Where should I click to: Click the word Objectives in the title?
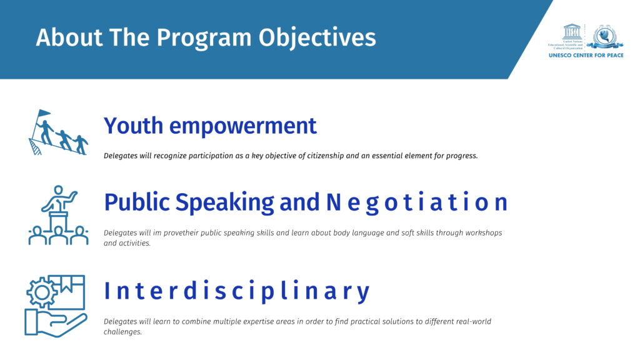click(x=317, y=37)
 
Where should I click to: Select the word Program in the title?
click(x=204, y=38)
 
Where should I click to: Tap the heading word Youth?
click(x=134, y=125)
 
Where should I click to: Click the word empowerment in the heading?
click(x=243, y=126)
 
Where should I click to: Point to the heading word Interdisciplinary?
click(x=237, y=291)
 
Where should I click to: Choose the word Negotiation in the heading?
click(x=416, y=202)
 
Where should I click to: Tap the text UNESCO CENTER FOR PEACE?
click(x=586, y=56)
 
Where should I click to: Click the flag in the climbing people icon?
click(x=43, y=113)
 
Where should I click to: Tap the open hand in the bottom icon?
click(x=56, y=322)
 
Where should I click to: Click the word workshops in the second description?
click(x=484, y=233)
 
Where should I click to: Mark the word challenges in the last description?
click(x=122, y=332)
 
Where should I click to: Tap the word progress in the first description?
click(x=462, y=156)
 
